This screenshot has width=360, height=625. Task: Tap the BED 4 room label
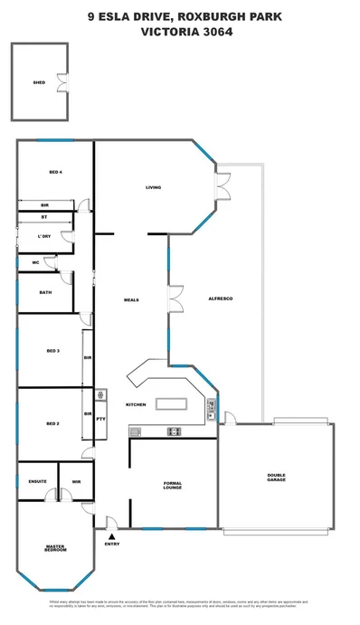point(55,172)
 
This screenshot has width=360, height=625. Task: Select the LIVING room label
point(154,188)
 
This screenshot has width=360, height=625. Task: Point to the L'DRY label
point(43,237)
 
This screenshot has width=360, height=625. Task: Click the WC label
point(34,262)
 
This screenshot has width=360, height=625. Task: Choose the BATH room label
point(45,293)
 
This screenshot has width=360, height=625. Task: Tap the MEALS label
point(130,299)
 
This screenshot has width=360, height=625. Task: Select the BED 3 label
point(53,350)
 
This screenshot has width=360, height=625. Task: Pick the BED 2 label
point(53,422)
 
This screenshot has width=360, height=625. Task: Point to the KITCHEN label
point(136,404)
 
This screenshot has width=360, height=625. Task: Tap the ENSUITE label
point(37,481)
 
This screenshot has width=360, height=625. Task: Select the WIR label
point(77,481)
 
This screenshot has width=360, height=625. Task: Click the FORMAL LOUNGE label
point(173,486)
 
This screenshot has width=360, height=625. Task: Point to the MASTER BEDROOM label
point(56,549)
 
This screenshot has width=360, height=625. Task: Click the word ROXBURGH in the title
point(213,15)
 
